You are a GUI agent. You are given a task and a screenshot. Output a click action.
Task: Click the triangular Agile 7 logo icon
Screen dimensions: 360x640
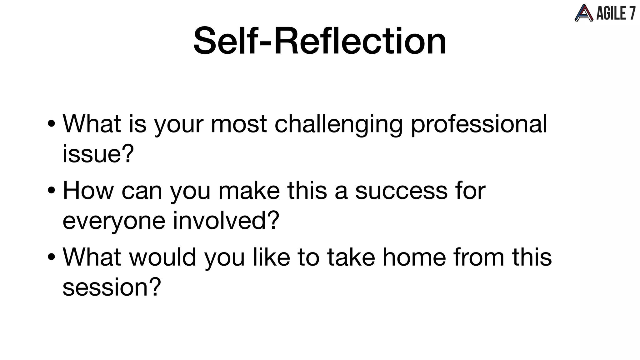tap(583, 13)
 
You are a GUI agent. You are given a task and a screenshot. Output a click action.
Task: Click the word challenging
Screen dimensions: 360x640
tap(338, 124)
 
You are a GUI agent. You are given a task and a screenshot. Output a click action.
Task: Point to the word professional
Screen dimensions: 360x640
tap(479, 124)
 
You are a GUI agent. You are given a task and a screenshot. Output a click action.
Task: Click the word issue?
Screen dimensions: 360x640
tap(98, 154)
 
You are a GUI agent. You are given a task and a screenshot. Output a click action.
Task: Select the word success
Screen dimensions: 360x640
tap(401, 191)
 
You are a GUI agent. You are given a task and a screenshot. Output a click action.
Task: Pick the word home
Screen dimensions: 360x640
tap(414, 257)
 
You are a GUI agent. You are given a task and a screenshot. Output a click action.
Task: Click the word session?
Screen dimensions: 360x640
tap(112, 287)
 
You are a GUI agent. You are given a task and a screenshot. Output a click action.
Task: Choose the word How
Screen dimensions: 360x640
tap(88, 191)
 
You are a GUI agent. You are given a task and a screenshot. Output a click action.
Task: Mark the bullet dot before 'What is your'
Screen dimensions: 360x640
tap(52, 124)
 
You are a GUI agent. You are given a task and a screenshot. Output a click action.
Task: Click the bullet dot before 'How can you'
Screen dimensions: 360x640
tap(52, 191)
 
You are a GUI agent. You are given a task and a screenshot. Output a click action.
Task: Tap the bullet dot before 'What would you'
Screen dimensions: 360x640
tap(52, 257)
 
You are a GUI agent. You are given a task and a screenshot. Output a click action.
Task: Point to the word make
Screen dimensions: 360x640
tap(249, 191)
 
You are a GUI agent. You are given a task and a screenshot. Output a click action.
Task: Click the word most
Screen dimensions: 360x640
tap(239, 124)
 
